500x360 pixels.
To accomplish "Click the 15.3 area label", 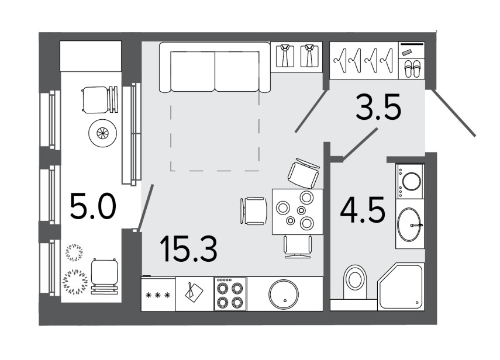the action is coord(189,249).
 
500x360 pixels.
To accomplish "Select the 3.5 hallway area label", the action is coord(378,106).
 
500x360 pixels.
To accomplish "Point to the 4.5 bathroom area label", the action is coord(363,210).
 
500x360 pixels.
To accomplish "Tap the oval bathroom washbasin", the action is coord(409,224).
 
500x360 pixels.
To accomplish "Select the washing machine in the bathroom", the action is coord(410,182).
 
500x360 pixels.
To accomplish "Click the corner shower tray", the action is coord(401,286).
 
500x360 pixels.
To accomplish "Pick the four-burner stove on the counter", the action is coord(230,294).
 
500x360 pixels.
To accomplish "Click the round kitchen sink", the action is coord(284,295).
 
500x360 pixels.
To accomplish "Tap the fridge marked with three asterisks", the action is coord(158,293).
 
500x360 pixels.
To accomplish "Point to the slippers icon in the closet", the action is coord(412,70).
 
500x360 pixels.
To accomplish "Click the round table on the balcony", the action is coord(103,133).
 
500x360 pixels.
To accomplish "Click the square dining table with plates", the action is coord(297,212).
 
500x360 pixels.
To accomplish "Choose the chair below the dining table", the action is coord(298,247).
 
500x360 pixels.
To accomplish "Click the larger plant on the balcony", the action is coord(75,282).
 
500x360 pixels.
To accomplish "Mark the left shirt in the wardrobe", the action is coord(285,56).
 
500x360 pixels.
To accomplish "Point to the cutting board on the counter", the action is coord(194,291).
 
